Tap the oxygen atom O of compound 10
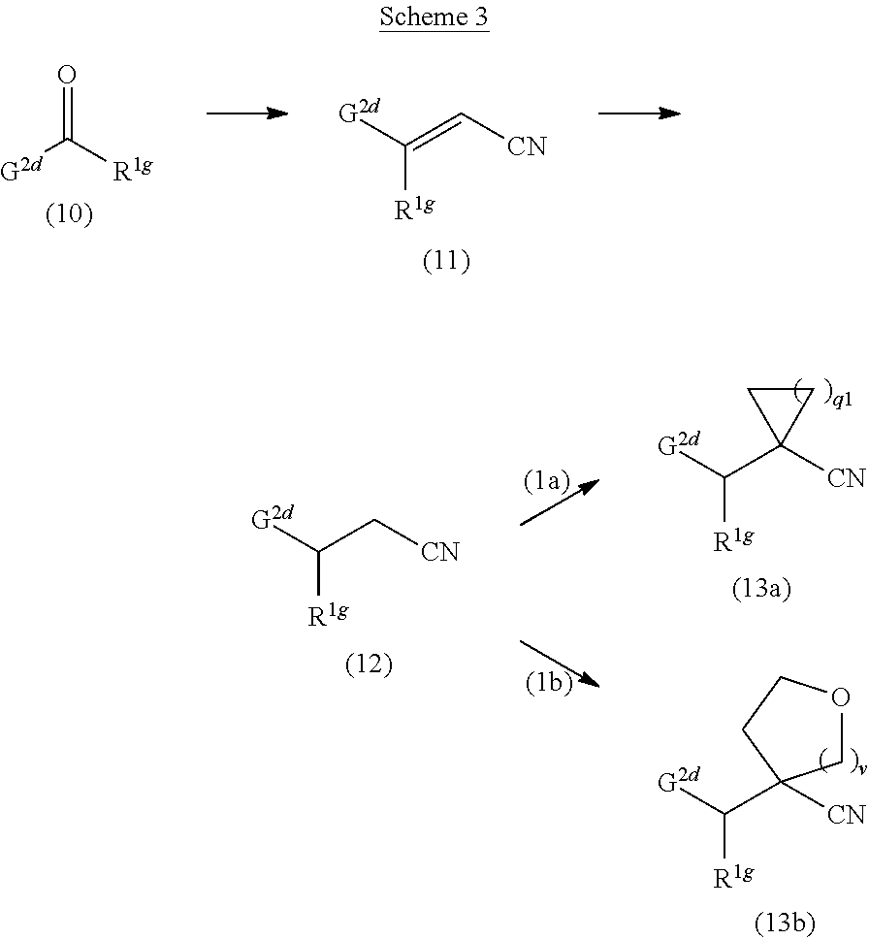pos(67,75)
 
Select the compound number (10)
pos(69,215)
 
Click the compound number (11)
pos(446,262)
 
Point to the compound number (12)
pos(369,664)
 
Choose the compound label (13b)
pos(785,921)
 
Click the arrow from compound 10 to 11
pos(247,113)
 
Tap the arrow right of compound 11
pos(639,113)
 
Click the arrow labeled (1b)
pos(561,664)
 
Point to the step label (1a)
pos(545,481)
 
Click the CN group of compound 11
pos(526,146)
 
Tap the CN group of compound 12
pos(439,552)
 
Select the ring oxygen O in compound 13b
pos(840,697)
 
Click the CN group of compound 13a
pos(846,478)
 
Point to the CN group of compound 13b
pos(846,815)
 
